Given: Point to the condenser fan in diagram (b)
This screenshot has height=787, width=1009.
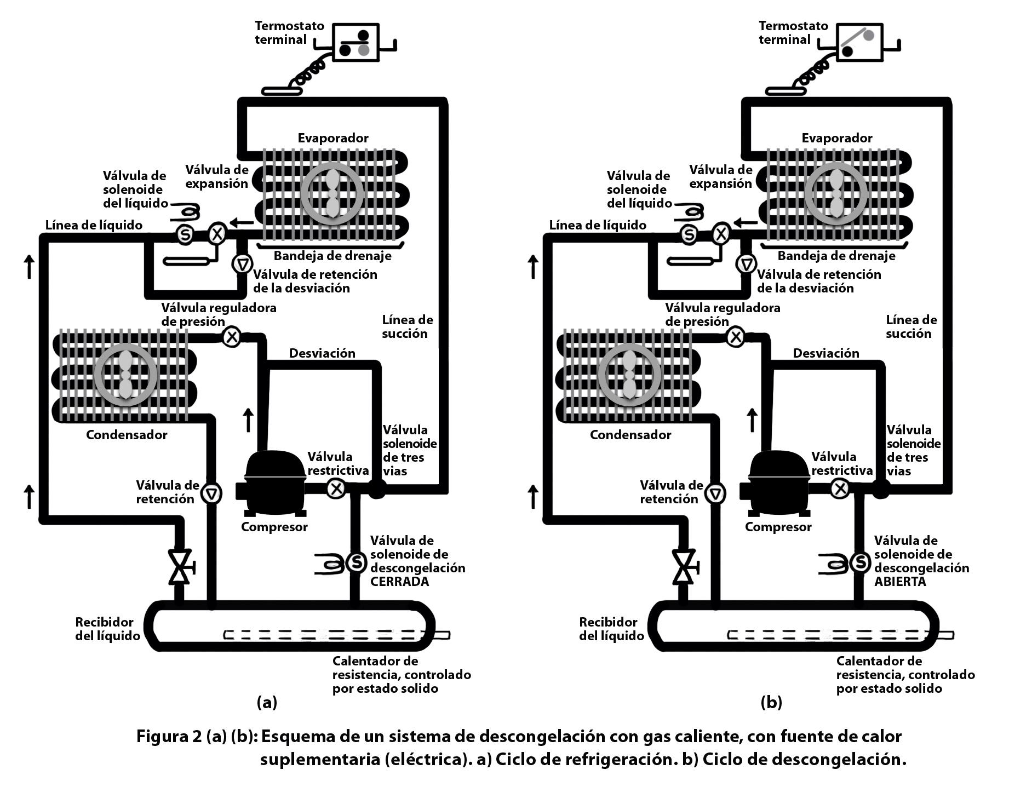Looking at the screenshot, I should [629, 374].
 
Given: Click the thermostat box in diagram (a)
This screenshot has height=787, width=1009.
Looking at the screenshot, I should [356, 42].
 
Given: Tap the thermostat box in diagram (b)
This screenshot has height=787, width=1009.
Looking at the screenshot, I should [860, 42].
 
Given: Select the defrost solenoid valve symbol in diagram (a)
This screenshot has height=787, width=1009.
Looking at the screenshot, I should [357, 562].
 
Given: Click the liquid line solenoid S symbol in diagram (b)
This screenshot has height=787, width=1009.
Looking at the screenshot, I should [689, 234].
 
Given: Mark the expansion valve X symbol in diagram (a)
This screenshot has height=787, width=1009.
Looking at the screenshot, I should [217, 234].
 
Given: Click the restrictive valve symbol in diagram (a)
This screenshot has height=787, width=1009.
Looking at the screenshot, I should [336, 488].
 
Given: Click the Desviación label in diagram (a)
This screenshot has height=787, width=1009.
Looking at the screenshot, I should [322, 353].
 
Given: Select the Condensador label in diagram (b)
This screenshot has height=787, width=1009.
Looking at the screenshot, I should [630, 435].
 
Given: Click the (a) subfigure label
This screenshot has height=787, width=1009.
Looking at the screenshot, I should [267, 702].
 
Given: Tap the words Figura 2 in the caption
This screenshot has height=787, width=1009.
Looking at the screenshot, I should [169, 737].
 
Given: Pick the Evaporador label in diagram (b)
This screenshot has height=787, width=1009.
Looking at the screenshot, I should [837, 138].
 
